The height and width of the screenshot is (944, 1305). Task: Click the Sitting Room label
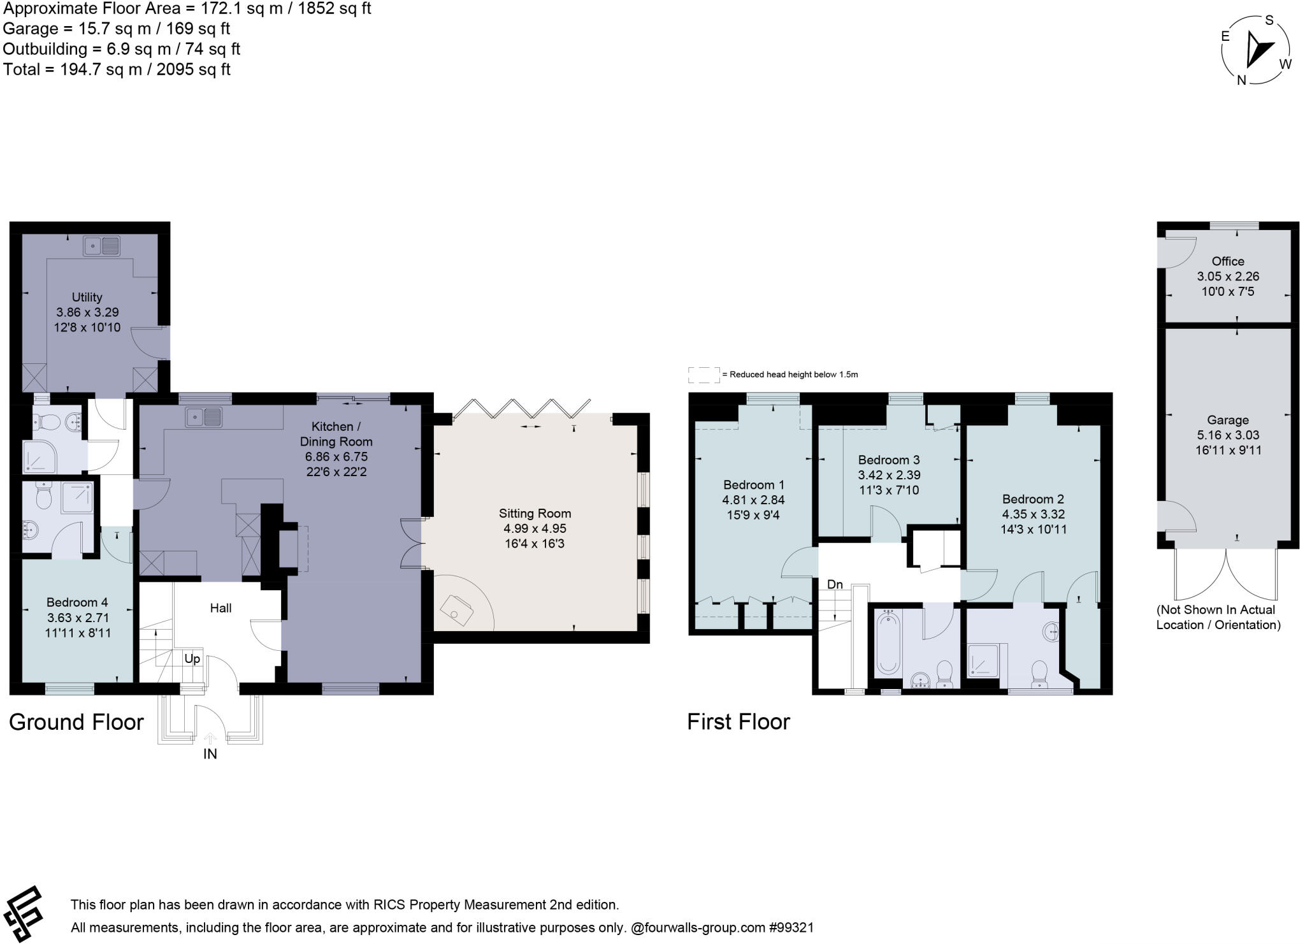pos(535,513)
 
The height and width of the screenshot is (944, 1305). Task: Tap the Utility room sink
pos(101,245)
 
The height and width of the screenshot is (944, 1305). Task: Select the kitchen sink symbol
pos(205,418)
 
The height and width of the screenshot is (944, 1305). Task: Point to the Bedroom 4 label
pos(77,602)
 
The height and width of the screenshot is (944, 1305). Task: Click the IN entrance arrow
pos(210,739)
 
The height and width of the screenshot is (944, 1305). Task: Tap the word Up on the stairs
pos(192,658)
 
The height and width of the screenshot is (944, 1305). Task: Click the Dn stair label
pos(835,585)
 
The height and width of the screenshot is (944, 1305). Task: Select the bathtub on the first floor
pos(888,643)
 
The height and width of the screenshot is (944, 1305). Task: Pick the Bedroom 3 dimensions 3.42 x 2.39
pos(889,475)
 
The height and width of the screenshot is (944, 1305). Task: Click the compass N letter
pos(1241,80)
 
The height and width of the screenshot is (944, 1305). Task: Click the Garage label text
pos(1227,420)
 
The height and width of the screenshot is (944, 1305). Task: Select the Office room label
pos(1228,261)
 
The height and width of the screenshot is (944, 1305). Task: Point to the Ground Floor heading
pos(76,722)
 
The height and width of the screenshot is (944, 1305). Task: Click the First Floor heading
pos(739,722)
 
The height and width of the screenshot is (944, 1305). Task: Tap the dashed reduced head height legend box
pos(703,375)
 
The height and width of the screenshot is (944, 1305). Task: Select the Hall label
pos(220,608)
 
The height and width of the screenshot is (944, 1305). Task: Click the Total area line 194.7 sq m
pos(117,69)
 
